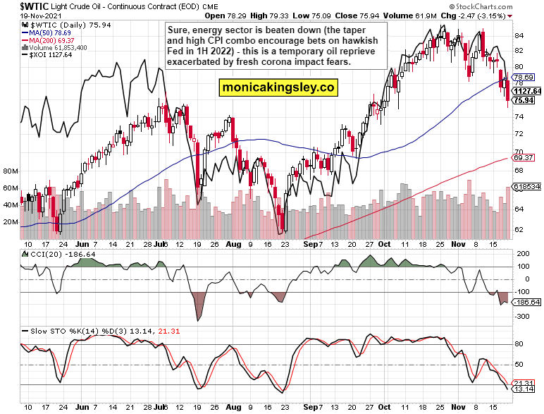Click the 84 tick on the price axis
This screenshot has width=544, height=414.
[x=518, y=35]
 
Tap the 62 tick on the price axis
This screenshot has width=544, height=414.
[x=518, y=229]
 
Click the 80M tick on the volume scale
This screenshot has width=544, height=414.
[x=11, y=171]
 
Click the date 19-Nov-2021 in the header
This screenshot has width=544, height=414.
[x=29, y=15]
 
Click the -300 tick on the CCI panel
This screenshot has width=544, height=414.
[x=522, y=317]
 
